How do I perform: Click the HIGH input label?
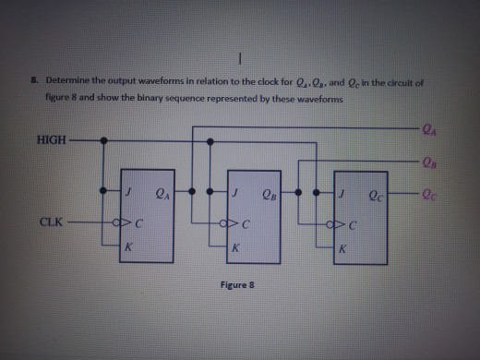[53, 140]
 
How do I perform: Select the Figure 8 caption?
[237, 286]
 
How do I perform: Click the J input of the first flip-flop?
[132, 194]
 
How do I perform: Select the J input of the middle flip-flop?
[237, 194]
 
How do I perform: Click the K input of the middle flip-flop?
[237, 249]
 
